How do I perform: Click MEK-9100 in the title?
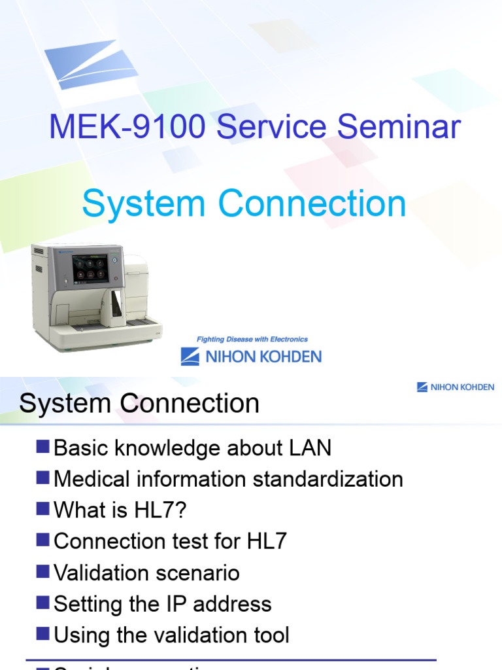[x=129, y=128]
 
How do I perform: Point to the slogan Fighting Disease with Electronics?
[x=252, y=340]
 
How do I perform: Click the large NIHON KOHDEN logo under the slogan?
[x=251, y=357]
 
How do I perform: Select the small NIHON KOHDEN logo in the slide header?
[x=456, y=387]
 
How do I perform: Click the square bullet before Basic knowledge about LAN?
[x=43, y=447]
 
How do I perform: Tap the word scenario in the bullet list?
[x=199, y=573]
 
